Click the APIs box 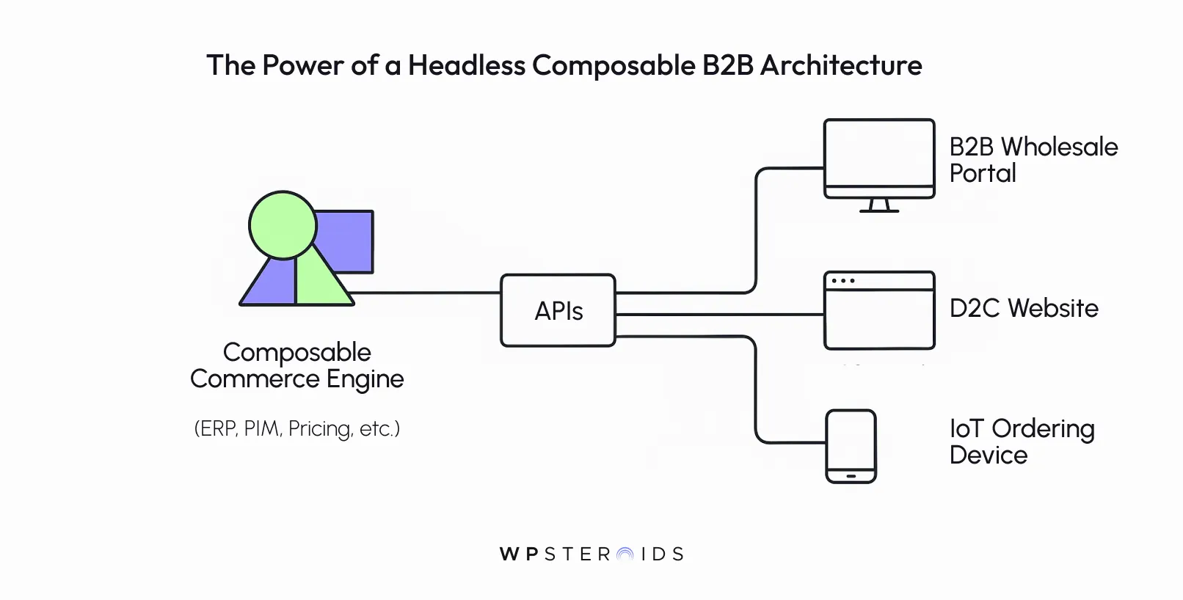[x=558, y=310]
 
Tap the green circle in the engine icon [x=282, y=224]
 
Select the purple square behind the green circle [x=349, y=242]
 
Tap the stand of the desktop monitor [x=879, y=205]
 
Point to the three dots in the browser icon [x=843, y=281]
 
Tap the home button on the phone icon [x=851, y=475]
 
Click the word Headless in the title [x=467, y=65]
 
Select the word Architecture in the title [x=841, y=65]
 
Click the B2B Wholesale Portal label [x=1033, y=160]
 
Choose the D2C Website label [x=1024, y=308]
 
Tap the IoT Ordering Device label [x=1021, y=442]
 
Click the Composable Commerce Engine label [x=297, y=365]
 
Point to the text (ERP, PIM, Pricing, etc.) [x=297, y=428]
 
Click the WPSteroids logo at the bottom [x=591, y=554]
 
